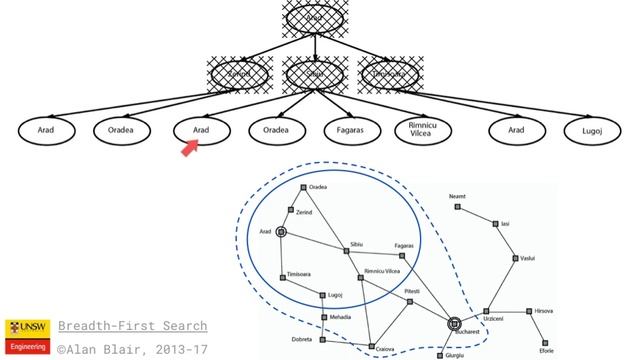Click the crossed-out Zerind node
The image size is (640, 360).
coord(240,73)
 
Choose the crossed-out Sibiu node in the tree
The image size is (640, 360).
coord(314,73)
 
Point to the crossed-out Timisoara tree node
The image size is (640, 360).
coord(389,73)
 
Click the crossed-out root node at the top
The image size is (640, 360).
coord(314,17)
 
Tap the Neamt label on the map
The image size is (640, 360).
coord(458,196)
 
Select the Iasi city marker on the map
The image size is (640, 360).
coord(495,224)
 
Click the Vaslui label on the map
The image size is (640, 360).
coord(527,258)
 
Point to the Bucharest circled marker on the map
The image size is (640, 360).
coord(454,323)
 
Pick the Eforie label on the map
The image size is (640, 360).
coord(546,351)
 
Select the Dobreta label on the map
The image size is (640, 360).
coord(302,339)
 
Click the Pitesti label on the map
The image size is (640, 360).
coord(412,291)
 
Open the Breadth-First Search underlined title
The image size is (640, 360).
coord(132,326)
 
